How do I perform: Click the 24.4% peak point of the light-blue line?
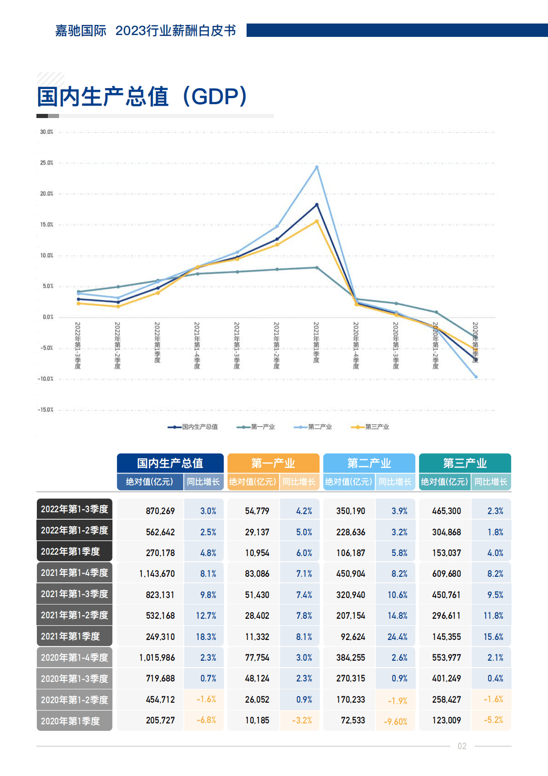(x=317, y=167)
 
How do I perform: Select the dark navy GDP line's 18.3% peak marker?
(x=317, y=204)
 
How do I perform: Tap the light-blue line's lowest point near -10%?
(x=476, y=377)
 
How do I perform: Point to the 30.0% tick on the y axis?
(x=47, y=132)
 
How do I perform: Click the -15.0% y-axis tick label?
(x=46, y=409)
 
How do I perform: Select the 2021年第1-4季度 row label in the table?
(x=74, y=573)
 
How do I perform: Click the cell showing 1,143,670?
(x=157, y=574)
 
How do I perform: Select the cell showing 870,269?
(x=160, y=511)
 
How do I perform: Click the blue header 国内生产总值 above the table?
(x=170, y=463)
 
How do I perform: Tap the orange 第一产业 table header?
(x=273, y=463)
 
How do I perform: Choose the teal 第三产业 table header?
(x=465, y=463)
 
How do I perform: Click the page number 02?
(x=462, y=746)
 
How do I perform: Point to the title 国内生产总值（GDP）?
(x=142, y=96)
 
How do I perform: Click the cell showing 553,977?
(x=446, y=658)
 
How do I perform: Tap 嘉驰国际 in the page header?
(x=81, y=30)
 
